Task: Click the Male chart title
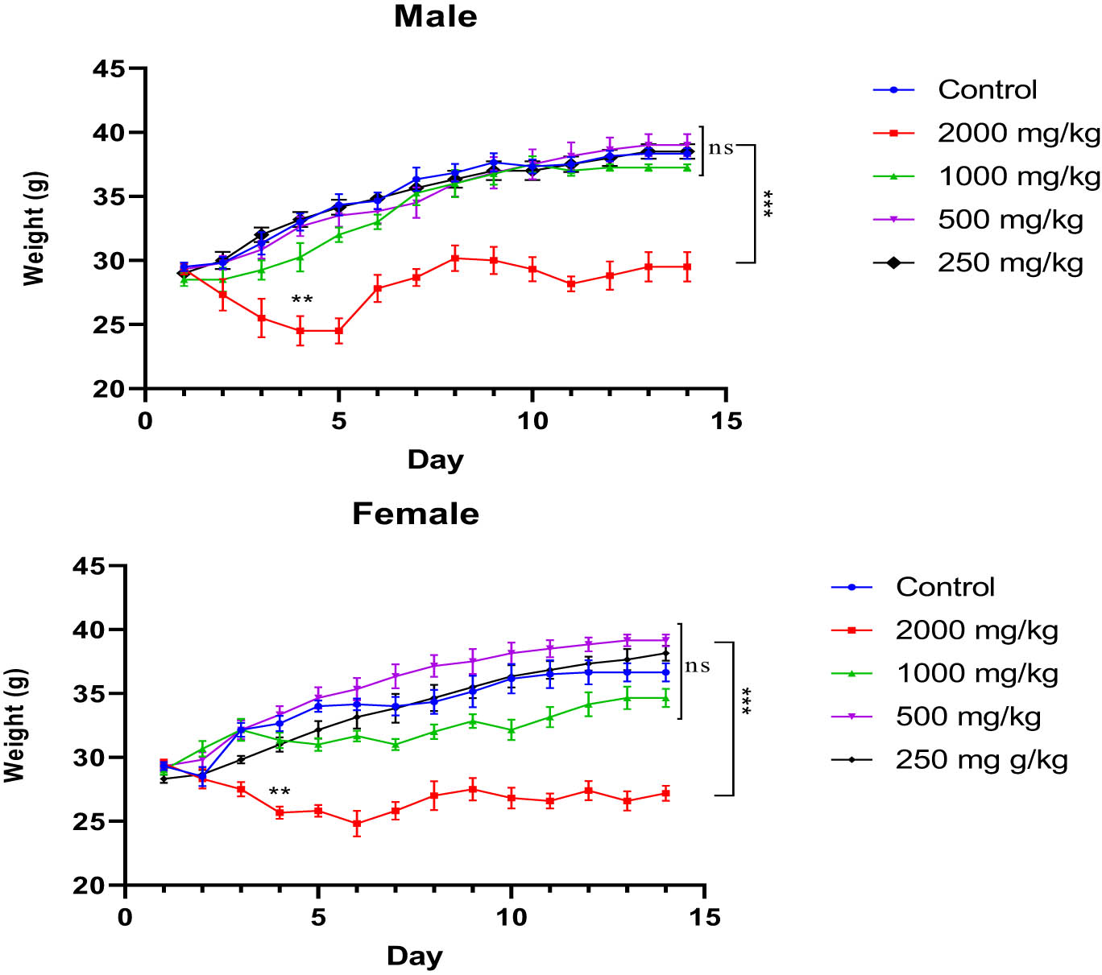[435, 17]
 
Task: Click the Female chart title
[415, 514]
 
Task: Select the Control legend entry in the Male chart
[987, 89]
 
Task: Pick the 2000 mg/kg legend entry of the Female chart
[976, 630]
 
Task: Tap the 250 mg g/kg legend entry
[981, 759]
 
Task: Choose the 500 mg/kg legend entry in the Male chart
[1010, 219]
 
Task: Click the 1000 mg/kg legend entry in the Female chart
[976, 674]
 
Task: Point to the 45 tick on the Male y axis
[109, 69]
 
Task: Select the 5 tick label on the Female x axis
[318, 918]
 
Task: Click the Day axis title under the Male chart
[435, 460]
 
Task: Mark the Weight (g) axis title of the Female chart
[14, 725]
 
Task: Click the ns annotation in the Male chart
[721, 148]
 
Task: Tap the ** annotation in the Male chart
[302, 300]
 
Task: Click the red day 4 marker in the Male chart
[300, 331]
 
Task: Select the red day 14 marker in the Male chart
[687, 267]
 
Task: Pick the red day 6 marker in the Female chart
[357, 824]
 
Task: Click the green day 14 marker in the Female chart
[665, 698]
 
